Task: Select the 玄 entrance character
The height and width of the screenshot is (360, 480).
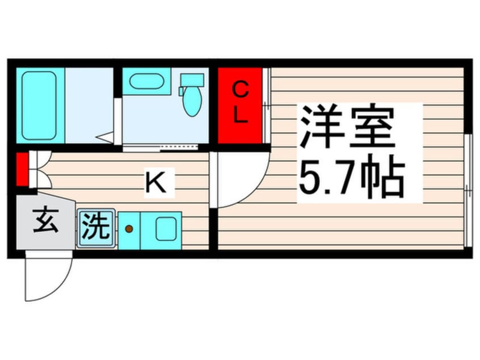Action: [x=45, y=221]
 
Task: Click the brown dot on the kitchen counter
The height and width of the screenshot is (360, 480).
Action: [x=129, y=228]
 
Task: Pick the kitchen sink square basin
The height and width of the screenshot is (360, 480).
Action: [x=166, y=229]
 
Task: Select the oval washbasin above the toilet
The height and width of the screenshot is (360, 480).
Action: [x=146, y=82]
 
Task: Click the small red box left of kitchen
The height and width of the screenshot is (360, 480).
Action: [x=22, y=169]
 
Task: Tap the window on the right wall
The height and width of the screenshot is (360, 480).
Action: [x=468, y=191]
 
